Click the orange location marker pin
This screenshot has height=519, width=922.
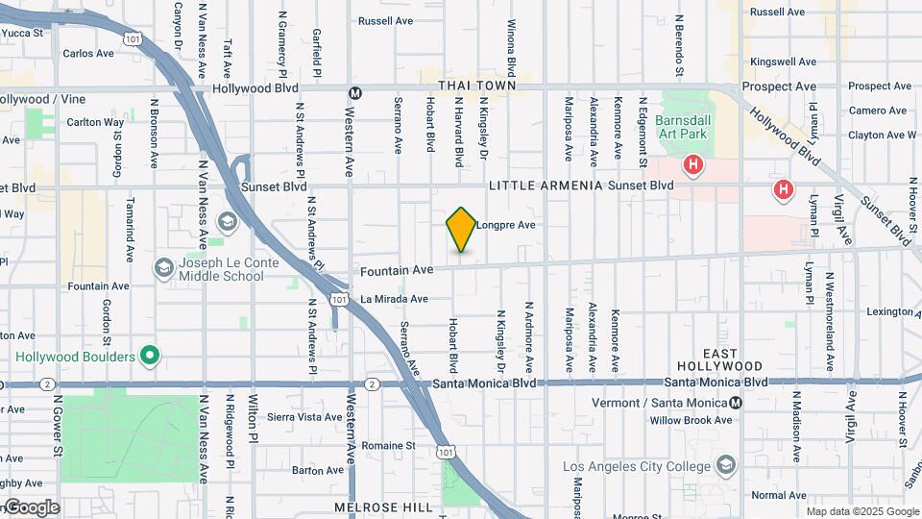click(x=461, y=229)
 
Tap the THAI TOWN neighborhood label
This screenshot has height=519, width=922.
click(x=477, y=86)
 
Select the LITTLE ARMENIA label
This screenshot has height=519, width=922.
click(x=546, y=185)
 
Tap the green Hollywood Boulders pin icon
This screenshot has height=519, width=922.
click(x=149, y=357)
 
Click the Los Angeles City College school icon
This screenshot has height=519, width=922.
click(x=726, y=466)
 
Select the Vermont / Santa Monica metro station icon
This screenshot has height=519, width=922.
click(x=736, y=403)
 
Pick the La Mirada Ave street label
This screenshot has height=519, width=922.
click(x=394, y=299)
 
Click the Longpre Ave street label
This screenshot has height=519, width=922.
click(x=505, y=225)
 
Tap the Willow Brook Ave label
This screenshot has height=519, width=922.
click(x=691, y=420)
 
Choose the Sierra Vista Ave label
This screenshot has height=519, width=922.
click(x=304, y=417)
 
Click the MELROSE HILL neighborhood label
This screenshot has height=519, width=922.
click(x=372, y=506)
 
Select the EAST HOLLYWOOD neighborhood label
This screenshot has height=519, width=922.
click(x=719, y=359)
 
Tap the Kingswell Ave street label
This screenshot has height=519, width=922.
click(x=784, y=62)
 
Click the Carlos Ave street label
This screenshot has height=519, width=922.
click(x=89, y=54)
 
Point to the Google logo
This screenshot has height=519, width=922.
click(x=32, y=507)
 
